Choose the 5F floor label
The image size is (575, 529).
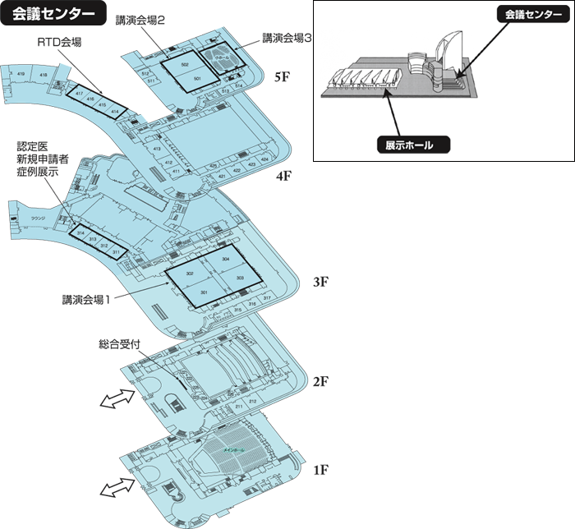(x=283, y=77)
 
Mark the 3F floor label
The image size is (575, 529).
(x=320, y=282)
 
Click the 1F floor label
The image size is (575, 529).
(x=320, y=470)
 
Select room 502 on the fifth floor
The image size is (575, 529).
(x=186, y=64)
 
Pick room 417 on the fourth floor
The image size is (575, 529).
(x=80, y=94)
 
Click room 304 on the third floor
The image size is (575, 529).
(x=226, y=259)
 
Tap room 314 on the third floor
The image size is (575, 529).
(x=80, y=234)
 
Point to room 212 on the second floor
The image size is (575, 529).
(x=252, y=401)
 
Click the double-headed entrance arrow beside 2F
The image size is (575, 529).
(x=115, y=399)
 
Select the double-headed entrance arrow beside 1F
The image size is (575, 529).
(x=115, y=488)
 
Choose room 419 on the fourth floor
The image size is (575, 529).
(x=21, y=75)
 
